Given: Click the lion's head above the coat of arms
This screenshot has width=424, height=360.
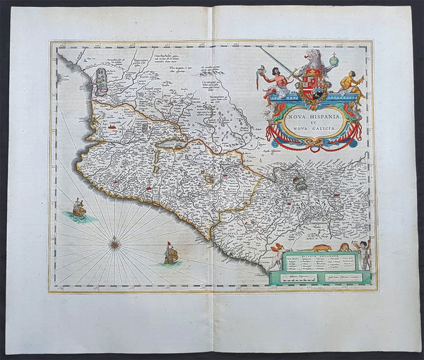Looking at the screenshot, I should [x=311, y=56].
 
